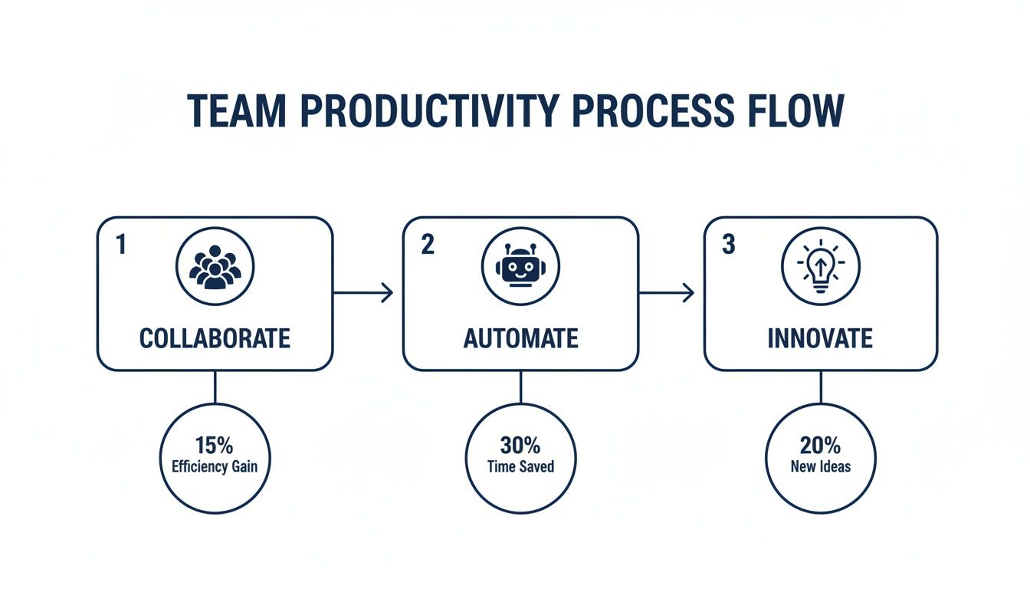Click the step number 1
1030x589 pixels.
(x=120, y=244)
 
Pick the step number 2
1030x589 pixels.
(x=427, y=244)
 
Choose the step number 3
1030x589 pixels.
(x=728, y=244)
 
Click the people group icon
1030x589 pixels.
(x=215, y=267)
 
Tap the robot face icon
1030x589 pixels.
(x=520, y=267)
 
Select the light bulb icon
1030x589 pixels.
(x=820, y=267)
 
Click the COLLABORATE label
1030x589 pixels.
(x=215, y=338)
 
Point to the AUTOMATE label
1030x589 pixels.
(x=520, y=338)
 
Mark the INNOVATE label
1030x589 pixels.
(x=820, y=338)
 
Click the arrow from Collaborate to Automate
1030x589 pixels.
(x=363, y=292)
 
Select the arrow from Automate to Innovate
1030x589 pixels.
(x=667, y=292)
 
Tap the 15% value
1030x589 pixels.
(x=214, y=446)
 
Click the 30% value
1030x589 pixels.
(x=520, y=446)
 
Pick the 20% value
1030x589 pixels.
(x=820, y=446)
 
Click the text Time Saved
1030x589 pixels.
(x=520, y=466)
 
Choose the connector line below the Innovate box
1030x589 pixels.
(x=821, y=387)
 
